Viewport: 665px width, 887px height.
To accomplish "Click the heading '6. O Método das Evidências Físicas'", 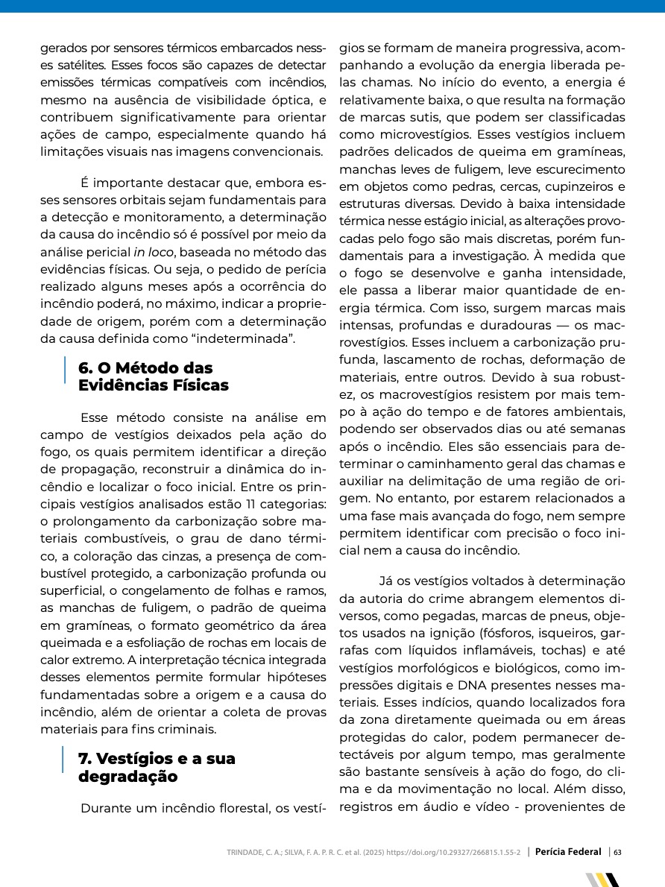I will point(153,376).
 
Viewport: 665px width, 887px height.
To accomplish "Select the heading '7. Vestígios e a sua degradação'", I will point(157,767).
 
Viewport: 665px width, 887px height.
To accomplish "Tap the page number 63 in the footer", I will point(618,851).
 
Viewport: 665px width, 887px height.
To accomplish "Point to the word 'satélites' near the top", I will point(78,65).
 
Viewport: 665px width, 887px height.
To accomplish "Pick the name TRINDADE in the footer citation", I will point(248,852).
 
